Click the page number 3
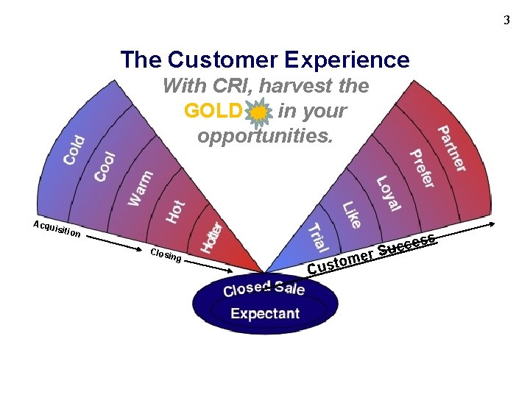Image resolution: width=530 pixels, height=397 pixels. pyautogui.click(x=506, y=21)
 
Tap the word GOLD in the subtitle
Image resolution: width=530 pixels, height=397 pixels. pyautogui.click(x=212, y=111)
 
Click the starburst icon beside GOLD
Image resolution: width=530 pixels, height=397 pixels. pyautogui.click(x=258, y=113)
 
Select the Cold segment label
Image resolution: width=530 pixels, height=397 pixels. pyautogui.click(x=74, y=150)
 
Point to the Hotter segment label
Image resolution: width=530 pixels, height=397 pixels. pyautogui.click(x=211, y=237)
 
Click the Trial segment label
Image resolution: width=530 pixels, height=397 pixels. pyautogui.click(x=318, y=237)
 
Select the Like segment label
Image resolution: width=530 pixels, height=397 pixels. pyautogui.click(x=351, y=214)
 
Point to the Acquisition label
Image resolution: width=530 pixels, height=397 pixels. pyautogui.click(x=57, y=229)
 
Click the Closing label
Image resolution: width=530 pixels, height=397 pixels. pyautogui.click(x=165, y=256)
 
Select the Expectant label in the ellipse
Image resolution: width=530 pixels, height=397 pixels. pyautogui.click(x=264, y=314)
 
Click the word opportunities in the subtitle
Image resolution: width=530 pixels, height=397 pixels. pyautogui.click(x=264, y=136)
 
